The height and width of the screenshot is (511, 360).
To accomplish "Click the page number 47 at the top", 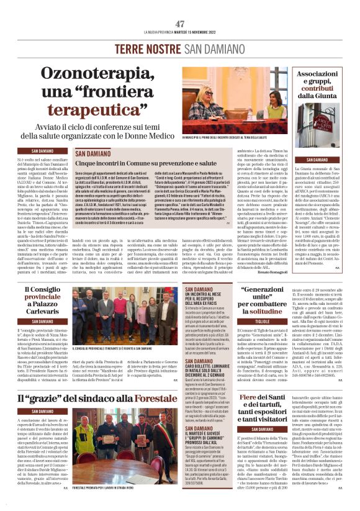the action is click(180, 24).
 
